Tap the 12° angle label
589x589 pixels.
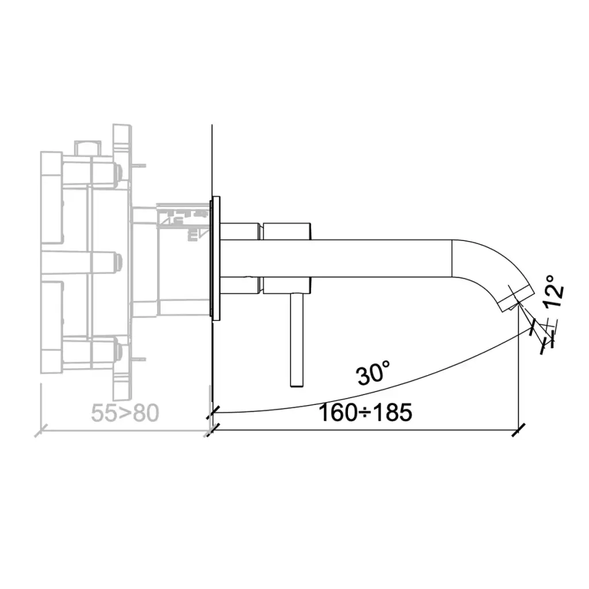pyautogui.click(x=554, y=291)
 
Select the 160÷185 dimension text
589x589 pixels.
pyautogui.click(x=365, y=412)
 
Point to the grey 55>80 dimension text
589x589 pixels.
pyautogui.click(x=125, y=413)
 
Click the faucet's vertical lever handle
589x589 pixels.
pyautogui.click(x=297, y=339)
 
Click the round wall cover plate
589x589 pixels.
pyautogui.click(x=216, y=258)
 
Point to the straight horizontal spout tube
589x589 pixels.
pyautogui.click(x=336, y=258)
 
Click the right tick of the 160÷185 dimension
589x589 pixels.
pyautogui.click(x=518, y=429)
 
